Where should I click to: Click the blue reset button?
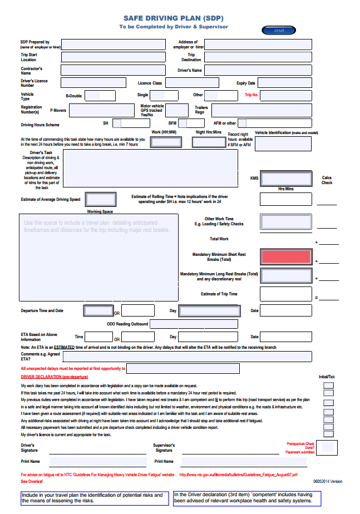pyautogui.click(x=279, y=31)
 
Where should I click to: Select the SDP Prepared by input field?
pyautogui.click(x=113, y=45)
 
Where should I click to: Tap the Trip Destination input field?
pyautogui.click(x=258, y=57)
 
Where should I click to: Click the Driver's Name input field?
pyautogui.click(x=258, y=70)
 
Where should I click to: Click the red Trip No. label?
pyautogui.click(x=251, y=95)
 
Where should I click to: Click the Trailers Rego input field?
pyautogui.click(x=262, y=110)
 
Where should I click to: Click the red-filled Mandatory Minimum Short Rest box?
pyautogui.click(x=285, y=256)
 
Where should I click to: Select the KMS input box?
pyautogui.click(x=285, y=179)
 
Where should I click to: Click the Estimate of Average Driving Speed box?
pyautogui.click(x=101, y=199)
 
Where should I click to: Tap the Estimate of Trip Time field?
pyautogui.click(x=285, y=294)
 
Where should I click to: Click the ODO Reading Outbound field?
pyautogui.click(x=194, y=324)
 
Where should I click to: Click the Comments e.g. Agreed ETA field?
pyautogui.click(x=195, y=357)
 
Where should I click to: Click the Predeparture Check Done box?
pyautogui.click(x=328, y=446)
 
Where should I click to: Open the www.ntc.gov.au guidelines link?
pyautogui.click(x=238, y=475)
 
